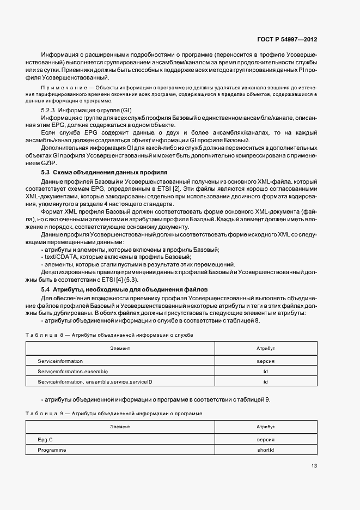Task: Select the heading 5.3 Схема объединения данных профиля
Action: tap(90, 173)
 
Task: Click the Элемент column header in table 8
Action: tap(120, 348)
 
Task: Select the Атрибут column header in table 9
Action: tap(265, 427)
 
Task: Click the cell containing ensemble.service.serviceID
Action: tap(95, 382)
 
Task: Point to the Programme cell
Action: tap(52, 450)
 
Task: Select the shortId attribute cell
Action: tap(265, 450)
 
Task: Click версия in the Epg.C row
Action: tap(265, 440)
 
